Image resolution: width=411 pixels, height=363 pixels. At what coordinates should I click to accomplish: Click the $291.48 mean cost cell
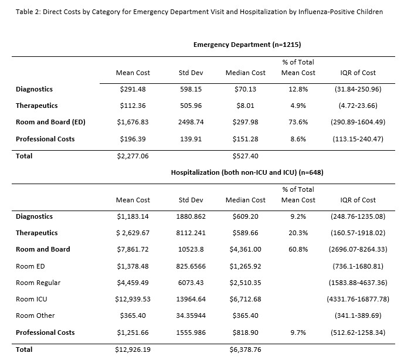click(x=133, y=89)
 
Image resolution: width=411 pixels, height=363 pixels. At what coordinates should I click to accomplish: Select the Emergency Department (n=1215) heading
click(x=247, y=45)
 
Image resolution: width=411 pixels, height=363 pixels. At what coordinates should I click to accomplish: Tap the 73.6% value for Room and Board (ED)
click(x=298, y=122)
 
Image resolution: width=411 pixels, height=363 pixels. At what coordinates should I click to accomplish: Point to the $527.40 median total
click(x=245, y=156)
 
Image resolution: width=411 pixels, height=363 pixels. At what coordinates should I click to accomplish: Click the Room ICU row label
click(x=32, y=299)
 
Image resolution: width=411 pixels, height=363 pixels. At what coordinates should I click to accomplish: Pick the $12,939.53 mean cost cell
click(x=133, y=299)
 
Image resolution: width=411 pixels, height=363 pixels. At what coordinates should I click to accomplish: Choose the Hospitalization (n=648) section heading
click(x=247, y=172)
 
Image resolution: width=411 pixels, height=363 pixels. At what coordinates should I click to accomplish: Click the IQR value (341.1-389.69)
click(x=358, y=315)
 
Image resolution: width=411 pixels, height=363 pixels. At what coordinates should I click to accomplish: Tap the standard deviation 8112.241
click(x=191, y=233)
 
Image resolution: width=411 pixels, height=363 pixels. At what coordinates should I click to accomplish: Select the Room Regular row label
click(x=38, y=283)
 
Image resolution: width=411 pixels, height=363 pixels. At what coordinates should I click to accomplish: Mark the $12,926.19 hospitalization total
click(x=133, y=350)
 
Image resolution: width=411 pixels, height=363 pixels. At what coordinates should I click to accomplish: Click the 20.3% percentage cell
click(x=298, y=233)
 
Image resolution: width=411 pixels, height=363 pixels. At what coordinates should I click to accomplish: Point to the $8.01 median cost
click(x=245, y=106)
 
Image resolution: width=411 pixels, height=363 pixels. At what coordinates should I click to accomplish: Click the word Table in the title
click(x=23, y=12)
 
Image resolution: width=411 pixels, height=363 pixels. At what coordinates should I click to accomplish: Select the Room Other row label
click(x=35, y=315)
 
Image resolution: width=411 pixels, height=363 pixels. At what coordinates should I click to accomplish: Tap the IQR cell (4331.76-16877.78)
click(x=358, y=299)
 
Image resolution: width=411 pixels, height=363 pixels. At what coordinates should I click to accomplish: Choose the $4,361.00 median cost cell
click(x=245, y=249)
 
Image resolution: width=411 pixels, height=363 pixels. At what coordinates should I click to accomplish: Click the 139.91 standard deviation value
click(x=191, y=139)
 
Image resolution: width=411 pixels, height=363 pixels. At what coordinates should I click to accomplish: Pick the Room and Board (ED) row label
click(x=50, y=122)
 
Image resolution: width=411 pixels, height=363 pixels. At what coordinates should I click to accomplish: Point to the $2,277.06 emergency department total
click(x=133, y=156)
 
